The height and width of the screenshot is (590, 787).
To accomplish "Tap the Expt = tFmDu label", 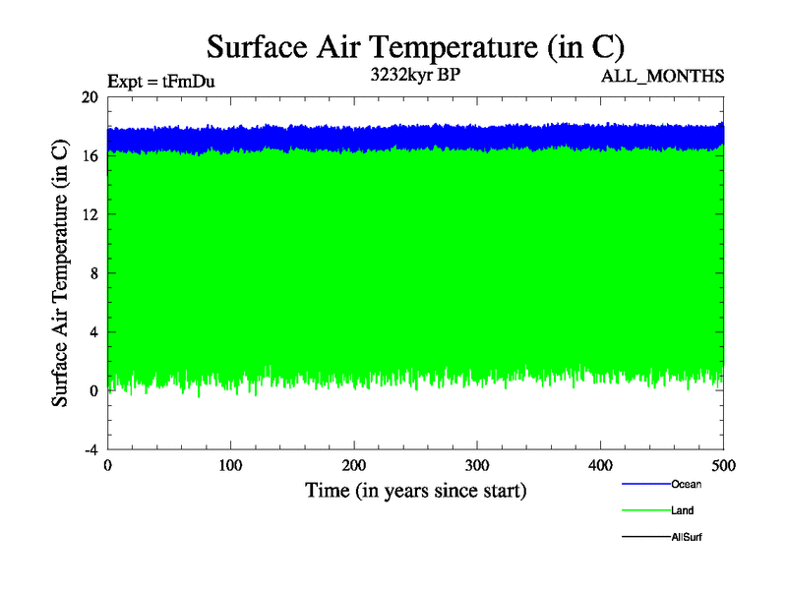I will coord(160,82).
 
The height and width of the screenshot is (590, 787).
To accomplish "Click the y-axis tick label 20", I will coord(90,97).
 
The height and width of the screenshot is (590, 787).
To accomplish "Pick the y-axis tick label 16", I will coord(90,155).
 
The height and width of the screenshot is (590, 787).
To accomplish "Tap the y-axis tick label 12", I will coord(90,214).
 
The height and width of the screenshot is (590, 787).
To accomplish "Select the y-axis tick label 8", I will coord(92,273).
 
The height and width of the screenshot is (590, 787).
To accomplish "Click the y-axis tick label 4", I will coord(92,332).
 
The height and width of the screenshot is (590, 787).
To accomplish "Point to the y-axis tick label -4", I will coord(90,449).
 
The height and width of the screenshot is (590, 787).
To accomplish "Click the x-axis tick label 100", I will coord(230,464).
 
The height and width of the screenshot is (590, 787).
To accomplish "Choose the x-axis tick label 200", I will coord(354,464).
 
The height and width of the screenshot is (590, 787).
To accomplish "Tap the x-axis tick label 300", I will coord(477,464).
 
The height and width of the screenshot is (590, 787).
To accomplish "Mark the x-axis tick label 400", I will coord(600,464).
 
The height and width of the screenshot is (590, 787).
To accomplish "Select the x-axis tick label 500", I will coord(723,464).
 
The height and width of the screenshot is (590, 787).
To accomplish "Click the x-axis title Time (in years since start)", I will coord(415,490).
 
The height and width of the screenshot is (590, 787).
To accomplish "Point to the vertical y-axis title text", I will coord(60,272).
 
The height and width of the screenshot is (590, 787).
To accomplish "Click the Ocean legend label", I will coord(686,484).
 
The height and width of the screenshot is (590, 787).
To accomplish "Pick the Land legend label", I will coord(683,510).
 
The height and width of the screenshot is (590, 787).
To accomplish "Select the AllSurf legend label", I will coord(686,537).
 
